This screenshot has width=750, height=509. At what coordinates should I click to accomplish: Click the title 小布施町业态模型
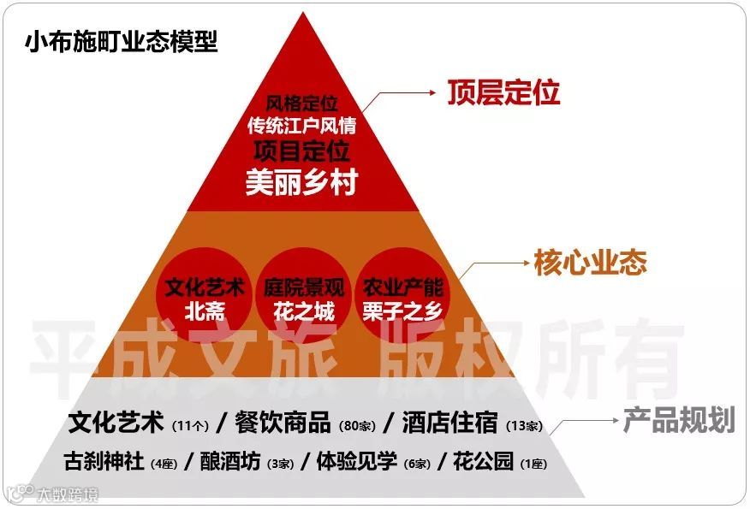click(x=121, y=42)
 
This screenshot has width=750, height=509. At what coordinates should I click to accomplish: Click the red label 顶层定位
click(x=503, y=92)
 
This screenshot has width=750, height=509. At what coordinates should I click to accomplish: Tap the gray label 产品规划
click(x=678, y=420)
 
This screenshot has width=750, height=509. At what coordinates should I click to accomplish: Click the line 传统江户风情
click(x=301, y=126)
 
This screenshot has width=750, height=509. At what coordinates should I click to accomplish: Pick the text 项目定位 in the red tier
click(x=301, y=152)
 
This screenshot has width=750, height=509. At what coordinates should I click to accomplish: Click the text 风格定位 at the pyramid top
click(x=301, y=104)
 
